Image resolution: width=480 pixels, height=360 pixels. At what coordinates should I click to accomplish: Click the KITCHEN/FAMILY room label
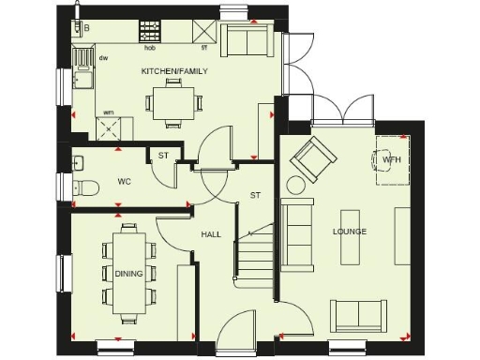(173, 71)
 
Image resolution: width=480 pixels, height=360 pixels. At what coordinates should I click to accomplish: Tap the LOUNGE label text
(349, 232)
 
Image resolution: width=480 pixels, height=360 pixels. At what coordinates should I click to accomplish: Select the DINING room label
(128, 273)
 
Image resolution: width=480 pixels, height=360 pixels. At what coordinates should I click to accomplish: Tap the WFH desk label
(391, 160)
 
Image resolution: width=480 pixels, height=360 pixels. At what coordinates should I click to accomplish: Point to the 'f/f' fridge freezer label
(203, 45)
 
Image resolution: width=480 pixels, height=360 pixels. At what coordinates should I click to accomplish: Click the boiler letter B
(86, 29)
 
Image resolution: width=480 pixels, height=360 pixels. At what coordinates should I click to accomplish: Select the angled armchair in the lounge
(311, 161)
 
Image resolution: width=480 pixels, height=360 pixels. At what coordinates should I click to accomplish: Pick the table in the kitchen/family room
(175, 99)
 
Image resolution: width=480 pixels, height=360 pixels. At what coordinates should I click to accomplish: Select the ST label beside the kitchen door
(163, 156)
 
